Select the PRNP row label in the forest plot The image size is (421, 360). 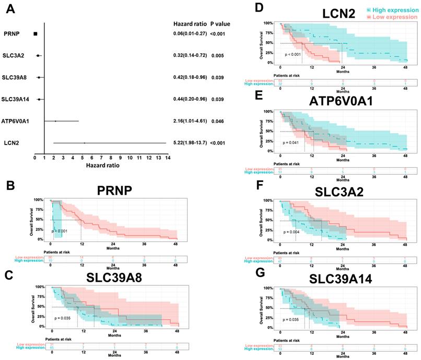[x=12, y=34]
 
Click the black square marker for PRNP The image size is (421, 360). [x=36, y=34]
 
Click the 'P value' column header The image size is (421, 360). [x=220, y=23]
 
